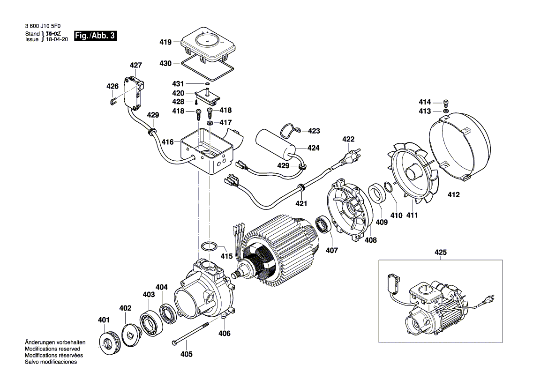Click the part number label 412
[x=453, y=194]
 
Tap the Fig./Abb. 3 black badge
[x=96, y=36]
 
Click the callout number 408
[x=371, y=240]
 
